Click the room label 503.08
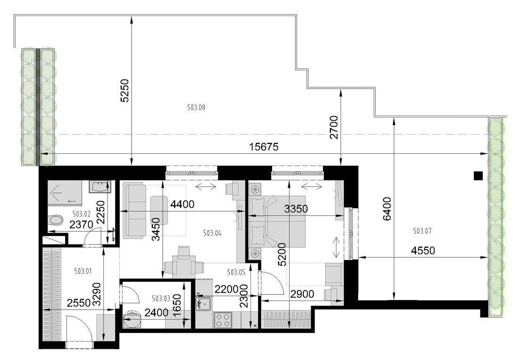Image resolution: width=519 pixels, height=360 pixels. tap(196, 107)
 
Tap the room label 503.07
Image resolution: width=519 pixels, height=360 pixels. tap(422, 231)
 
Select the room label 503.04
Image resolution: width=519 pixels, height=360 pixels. tap(212, 233)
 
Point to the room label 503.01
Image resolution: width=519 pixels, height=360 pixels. tap(83, 271)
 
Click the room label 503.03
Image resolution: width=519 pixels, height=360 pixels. tap(161, 299)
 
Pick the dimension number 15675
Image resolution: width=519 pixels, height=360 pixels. tap(264, 147)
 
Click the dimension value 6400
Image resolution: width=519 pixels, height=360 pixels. tap(386, 209)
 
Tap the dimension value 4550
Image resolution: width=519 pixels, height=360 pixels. tap(423, 251)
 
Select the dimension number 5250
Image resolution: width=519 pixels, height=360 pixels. tap(125, 90)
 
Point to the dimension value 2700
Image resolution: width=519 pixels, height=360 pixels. tap(335, 127)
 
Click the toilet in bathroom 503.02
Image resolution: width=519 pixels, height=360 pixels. tap(56, 220)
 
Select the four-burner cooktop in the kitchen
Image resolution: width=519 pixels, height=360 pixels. tap(222, 320)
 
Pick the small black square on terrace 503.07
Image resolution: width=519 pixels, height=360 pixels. tap(478, 176)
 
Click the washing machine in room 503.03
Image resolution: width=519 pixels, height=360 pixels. tap(132, 320)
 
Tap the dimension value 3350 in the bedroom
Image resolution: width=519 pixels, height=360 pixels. tap(296, 209)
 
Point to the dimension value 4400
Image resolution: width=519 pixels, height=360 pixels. tap(182, 204)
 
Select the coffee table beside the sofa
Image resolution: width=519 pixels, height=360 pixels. tap(159, 210)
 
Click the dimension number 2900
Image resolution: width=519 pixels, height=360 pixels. tap(302, 294)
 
